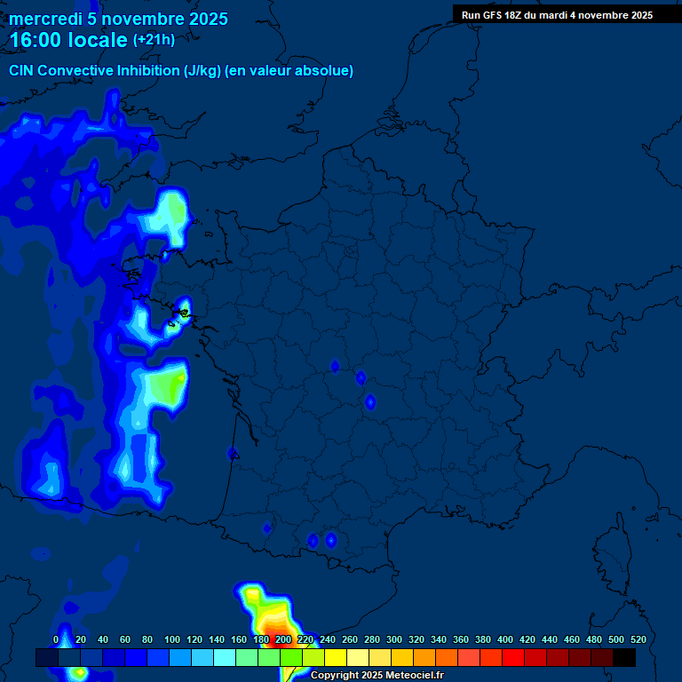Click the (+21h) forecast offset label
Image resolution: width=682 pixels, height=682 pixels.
tap(154, 39)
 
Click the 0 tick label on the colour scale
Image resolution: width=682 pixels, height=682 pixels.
tap(56, 639)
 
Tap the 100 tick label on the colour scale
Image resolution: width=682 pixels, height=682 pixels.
tap(172, 639)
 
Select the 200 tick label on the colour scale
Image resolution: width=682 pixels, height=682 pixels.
tap(283, 639)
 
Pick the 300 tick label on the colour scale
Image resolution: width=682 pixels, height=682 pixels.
tap(394, 639)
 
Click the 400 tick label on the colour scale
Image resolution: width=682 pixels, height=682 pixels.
tap(505, 639)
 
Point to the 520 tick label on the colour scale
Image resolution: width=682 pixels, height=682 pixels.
tap(638, 639)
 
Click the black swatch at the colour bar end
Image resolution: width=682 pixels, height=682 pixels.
tap(624, 658)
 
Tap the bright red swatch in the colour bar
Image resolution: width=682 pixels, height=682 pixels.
tap(513, 658)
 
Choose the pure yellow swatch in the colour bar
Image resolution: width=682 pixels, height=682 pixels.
tap(336, 658)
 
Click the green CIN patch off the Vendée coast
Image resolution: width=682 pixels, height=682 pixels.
tap(166, 386)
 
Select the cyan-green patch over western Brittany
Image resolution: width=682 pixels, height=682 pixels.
tap(172, 213)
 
